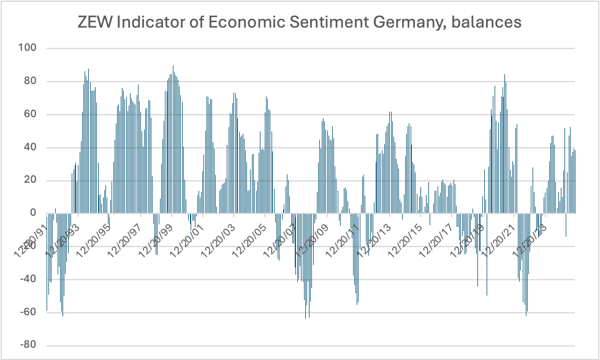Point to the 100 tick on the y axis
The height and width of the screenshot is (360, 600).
click(28, 48)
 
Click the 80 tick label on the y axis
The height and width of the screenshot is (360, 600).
click(31, 81)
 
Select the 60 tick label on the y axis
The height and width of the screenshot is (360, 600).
click(31, 114)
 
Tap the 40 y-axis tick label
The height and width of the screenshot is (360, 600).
click(31, 147)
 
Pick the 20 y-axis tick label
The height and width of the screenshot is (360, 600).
click(31, 180)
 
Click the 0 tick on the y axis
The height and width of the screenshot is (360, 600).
click(34, 213)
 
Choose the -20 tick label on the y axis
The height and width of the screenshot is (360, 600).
click(29, 247)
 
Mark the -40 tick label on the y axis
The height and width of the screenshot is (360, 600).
click(29, 280)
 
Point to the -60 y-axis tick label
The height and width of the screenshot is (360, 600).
click(29, 313)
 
